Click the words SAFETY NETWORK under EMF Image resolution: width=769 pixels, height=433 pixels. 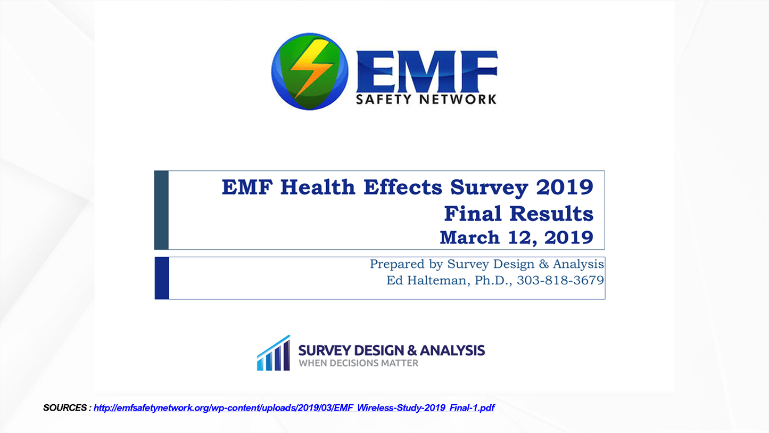(426, 99)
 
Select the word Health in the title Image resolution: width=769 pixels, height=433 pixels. (318, 187)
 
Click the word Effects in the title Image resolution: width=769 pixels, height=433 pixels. (403, 187)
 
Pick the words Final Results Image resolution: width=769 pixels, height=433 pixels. (519, 214)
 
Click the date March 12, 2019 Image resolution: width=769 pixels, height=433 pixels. (517, 238)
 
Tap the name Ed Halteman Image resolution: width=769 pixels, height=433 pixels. (428, 281)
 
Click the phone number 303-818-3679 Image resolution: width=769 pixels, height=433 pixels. (560, 281)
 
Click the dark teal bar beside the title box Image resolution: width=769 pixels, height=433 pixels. (161, 210)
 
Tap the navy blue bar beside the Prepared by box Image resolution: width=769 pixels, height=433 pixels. (162, 278)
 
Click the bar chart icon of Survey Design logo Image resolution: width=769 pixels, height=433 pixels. (274, 353)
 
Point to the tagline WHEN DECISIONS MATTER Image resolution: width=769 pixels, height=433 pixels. (358, 363)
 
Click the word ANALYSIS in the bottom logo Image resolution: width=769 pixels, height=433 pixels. (452, 350)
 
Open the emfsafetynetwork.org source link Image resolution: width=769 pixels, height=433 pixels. (294, 408)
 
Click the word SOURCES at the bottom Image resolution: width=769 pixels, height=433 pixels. (64, 408)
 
